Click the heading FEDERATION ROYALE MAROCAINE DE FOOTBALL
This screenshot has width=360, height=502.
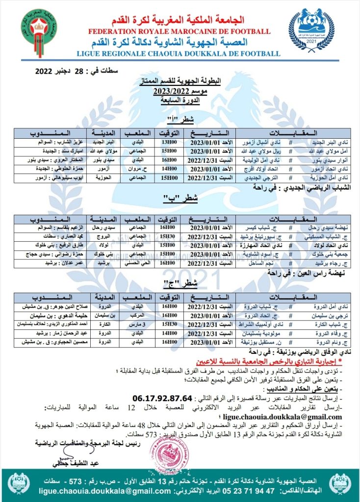coord(179,31)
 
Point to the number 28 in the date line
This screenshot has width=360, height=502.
coord(79,72)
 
